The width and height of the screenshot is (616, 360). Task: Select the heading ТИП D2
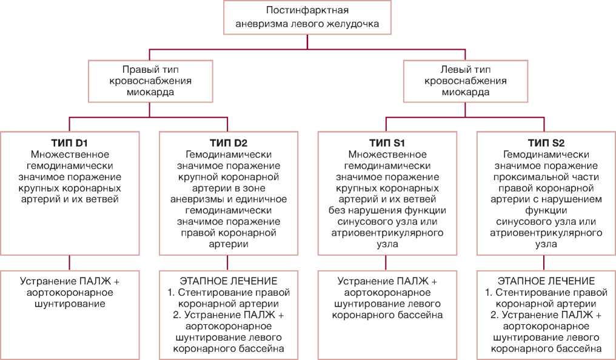tap(228, 143)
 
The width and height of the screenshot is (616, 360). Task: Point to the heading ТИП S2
tap(546, 143)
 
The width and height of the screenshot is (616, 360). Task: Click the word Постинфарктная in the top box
tap(307, 11)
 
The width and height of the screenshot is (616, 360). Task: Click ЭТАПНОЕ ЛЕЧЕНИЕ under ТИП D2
tap(228, 281)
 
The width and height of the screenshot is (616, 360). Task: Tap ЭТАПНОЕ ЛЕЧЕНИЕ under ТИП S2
tap(546, 281)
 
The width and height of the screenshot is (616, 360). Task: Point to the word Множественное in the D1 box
tap(70, 154)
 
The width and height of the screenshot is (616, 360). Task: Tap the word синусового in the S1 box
tap(370, 222)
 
